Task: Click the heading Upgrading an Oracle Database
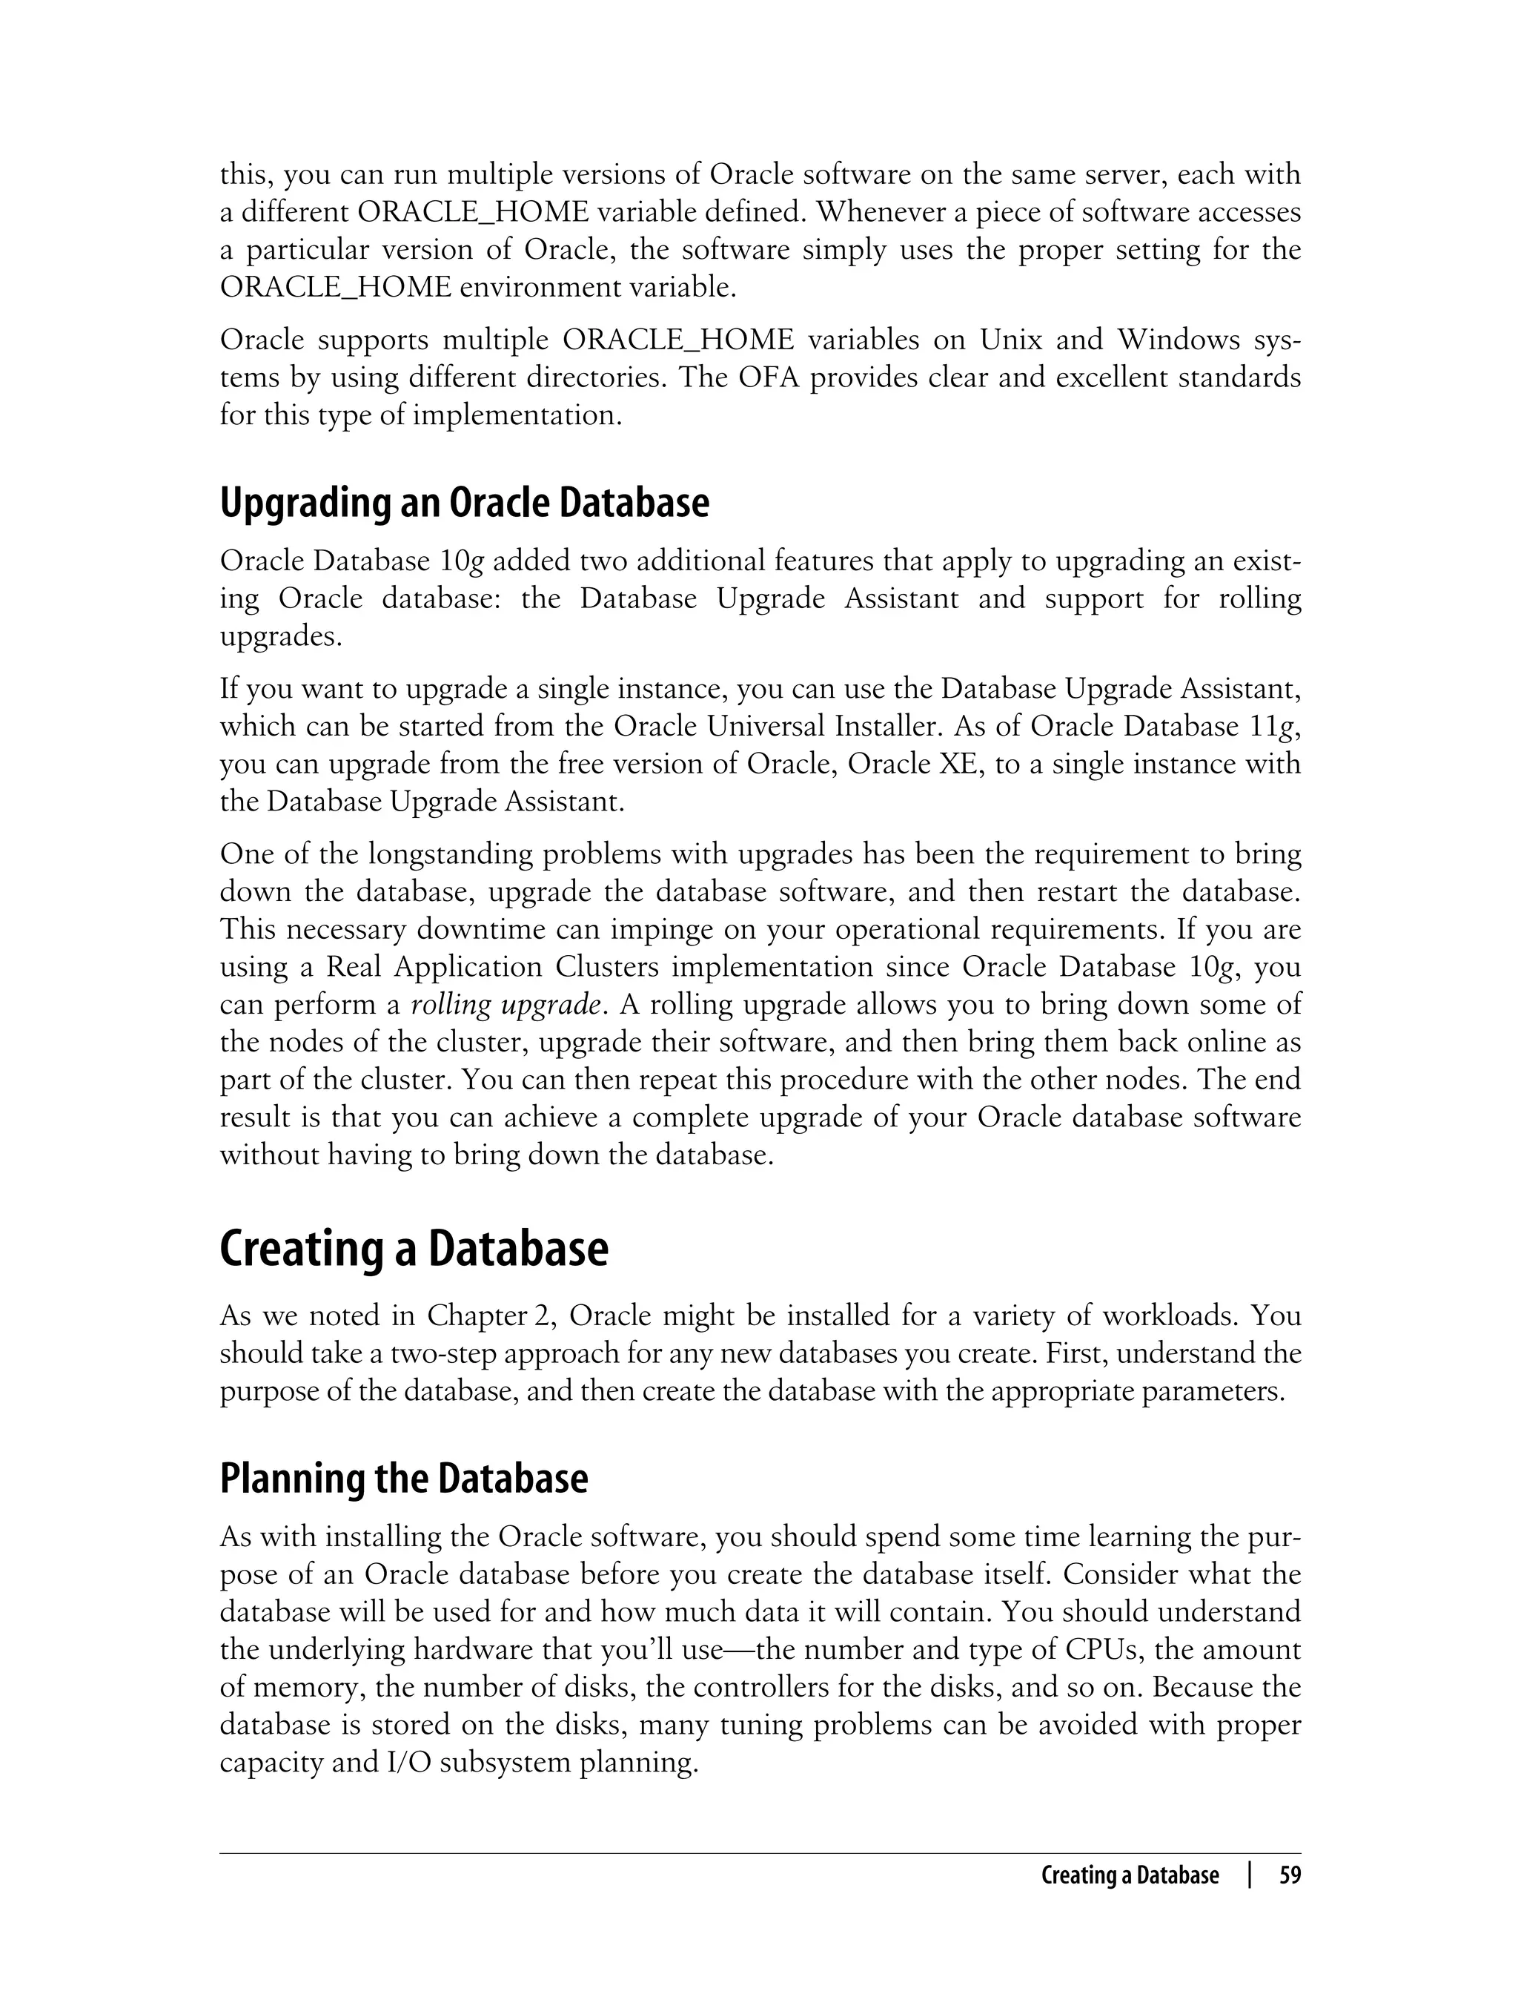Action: click(x=465, y=504)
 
